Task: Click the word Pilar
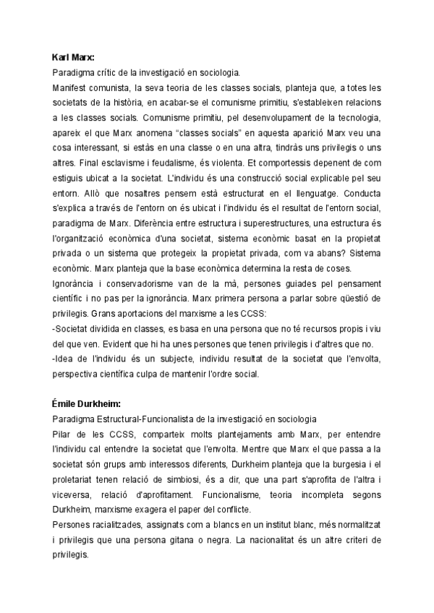pos(64,434)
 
